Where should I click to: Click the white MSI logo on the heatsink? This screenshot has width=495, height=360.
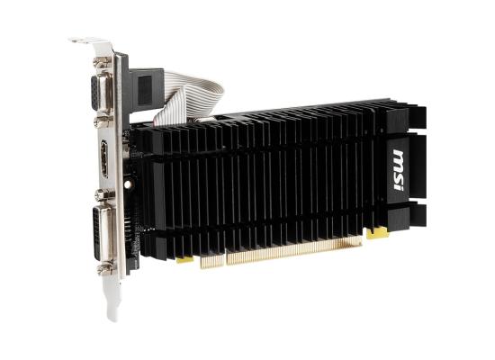coord(399,170)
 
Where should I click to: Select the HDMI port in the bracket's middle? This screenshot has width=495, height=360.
coord(103,158)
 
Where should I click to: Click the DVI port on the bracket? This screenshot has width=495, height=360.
coord(102,233)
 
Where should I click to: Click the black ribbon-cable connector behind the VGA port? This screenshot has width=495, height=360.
coord(146,89)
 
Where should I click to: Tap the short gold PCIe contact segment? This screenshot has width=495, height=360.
coord(212,260)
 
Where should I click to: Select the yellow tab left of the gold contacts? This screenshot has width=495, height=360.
coord(185,259)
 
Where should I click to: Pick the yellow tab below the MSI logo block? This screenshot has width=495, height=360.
coord(377,234)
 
